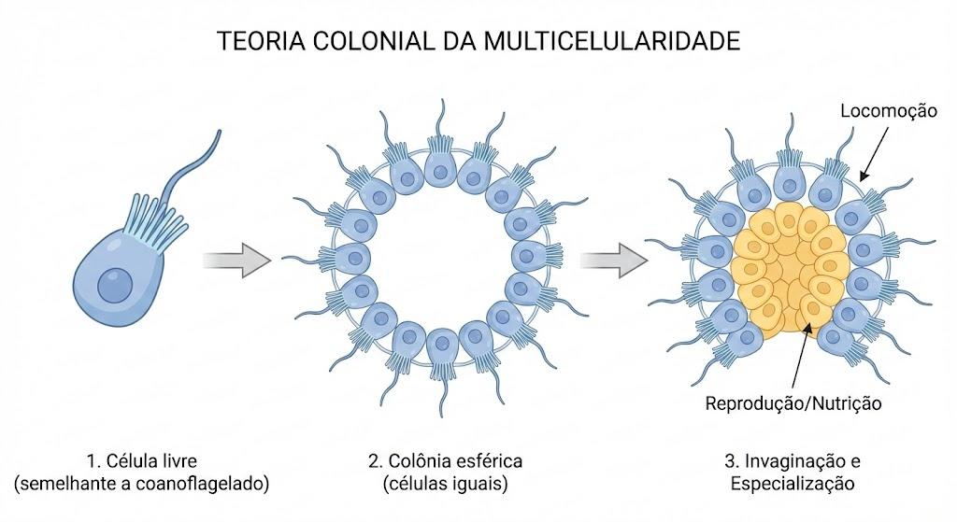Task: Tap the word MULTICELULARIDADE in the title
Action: [612, 41]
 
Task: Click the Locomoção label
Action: [889, 111]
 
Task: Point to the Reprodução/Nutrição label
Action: [793, 403]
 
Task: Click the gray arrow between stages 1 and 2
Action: [236, 261]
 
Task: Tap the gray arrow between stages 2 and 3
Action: [613, 261]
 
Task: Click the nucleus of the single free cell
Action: [115, 284]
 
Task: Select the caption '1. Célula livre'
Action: [142, 459]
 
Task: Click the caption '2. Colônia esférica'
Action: [446, 459]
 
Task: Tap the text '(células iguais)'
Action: [446, 484]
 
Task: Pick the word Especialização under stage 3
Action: [793, 484]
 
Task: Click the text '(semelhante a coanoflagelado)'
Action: [142, 484]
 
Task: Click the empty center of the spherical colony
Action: [441, 259]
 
